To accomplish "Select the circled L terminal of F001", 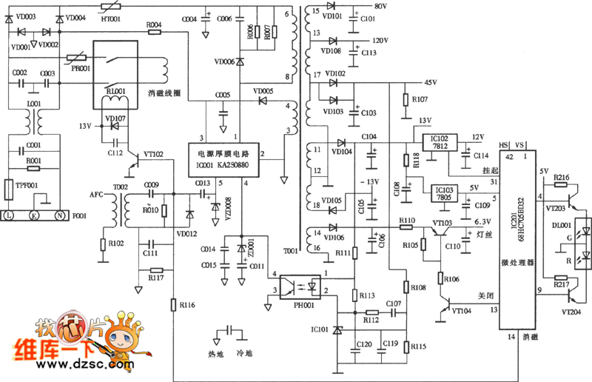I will [x=9, y=214].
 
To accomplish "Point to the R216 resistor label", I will [x=560, y=178].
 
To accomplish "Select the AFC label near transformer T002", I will [x=97, y=195].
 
